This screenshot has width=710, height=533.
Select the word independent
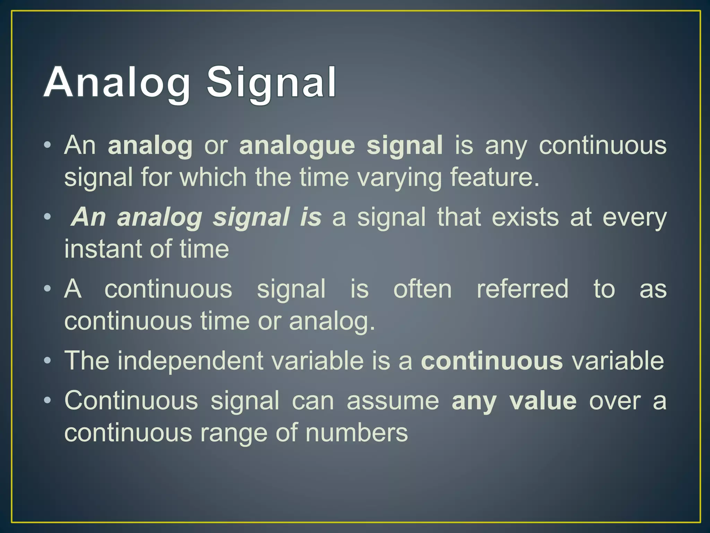coord(190,361)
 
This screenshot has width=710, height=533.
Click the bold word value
coord(543,401)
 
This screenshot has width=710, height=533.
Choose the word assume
coord(392,401)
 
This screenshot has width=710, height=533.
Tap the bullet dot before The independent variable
coord(48,361)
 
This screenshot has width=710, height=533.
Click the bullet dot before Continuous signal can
coord(48,401)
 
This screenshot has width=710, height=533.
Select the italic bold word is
coord(311,217)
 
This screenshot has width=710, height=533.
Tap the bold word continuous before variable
coord(492,361)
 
